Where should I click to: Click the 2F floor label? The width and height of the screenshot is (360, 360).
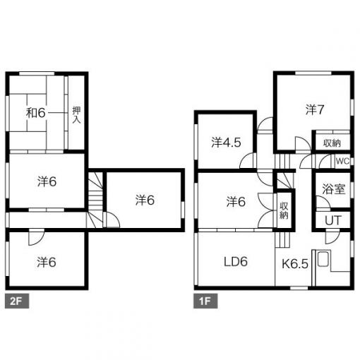tap(17, 301)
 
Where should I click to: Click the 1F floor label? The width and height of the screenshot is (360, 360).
tap(205, 301)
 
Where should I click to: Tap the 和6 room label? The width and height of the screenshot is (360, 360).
tap(35, 113)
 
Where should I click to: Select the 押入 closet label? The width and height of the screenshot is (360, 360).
tap(76, 115)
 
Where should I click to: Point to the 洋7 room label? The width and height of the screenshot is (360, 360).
tap(315, 109)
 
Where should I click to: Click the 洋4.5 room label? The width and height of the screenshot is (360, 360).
tap(226, 143)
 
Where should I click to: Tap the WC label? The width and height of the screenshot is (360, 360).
tap(342, 161)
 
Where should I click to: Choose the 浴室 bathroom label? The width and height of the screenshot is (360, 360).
tap(333, 189)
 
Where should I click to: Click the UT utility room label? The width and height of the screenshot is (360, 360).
tap(332, 221)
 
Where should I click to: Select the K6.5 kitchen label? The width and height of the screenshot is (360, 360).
tap(295, 264)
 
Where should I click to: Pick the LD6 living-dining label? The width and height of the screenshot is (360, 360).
tap(236, 262)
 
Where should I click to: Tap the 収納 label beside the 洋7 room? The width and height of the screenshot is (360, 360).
tap(332, 143)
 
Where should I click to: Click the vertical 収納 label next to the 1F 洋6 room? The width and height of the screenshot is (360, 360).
tap(284, 211)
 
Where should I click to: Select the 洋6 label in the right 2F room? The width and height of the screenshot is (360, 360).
tap(145, 200)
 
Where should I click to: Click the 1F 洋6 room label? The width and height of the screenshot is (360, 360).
tap(236, 202)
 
